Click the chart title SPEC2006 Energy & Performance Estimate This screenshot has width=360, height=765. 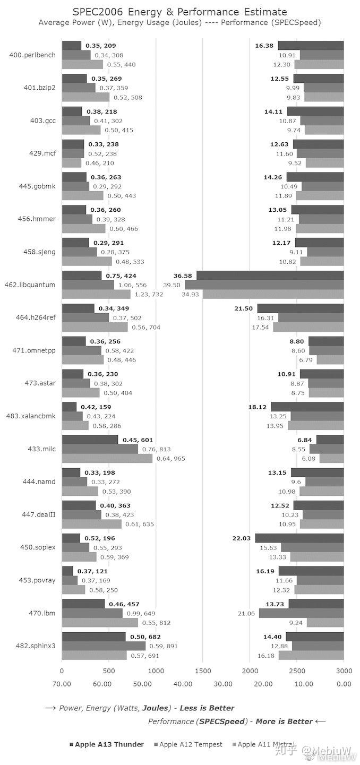coord(179,12)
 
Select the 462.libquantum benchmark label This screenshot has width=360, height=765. coord(32,285)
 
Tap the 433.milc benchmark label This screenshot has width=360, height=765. coord(43,449)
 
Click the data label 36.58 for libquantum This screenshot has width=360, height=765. coord(182,275)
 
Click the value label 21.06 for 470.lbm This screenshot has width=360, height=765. coord(246,613)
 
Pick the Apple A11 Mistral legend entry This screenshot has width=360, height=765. coord(265,744)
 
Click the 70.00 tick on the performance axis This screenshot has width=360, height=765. coord(62,684)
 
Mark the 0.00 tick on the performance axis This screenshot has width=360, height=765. coord(344,684)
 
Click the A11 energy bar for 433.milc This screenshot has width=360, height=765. coord(107,458)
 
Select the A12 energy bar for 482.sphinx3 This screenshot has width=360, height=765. coord(104,646)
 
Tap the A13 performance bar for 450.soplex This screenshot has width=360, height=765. coord(299,538)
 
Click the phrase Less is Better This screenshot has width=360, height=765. coord(207,708)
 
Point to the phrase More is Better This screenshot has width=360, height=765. coord(286,721)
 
